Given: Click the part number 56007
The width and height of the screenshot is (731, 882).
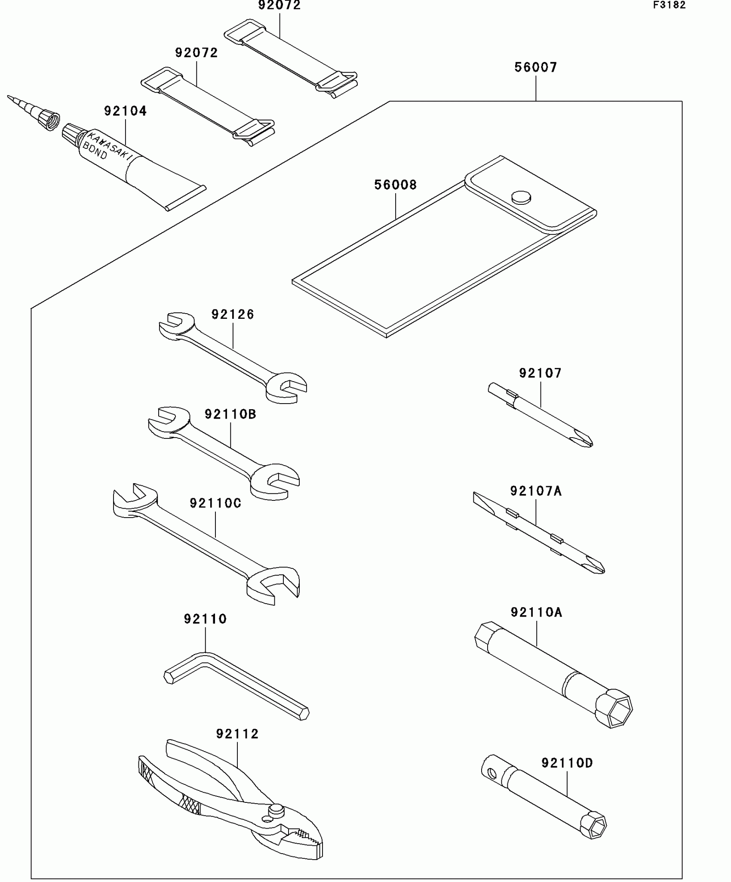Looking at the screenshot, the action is tap(536, 68).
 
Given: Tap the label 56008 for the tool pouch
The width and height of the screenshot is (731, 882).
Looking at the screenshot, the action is tap(396, 185).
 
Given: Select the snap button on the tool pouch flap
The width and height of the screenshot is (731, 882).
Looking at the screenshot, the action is tap(521, 197).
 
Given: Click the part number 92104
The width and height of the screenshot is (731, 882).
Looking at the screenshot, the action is tap(126, 111).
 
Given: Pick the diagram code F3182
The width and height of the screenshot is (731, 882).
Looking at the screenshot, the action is tap(670, 5).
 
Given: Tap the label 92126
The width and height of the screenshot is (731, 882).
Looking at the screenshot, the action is tap(233, 315).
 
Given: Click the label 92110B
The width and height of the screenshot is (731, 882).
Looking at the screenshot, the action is tap(230, 414).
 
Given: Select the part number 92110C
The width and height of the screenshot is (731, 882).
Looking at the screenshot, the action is tap(216, 503).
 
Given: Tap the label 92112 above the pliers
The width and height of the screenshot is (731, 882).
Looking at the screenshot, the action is tap(237, 734).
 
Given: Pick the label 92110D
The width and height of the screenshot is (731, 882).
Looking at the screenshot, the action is tap(567, 763).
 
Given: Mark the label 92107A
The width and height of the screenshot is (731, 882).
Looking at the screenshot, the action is tap(536, 491).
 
